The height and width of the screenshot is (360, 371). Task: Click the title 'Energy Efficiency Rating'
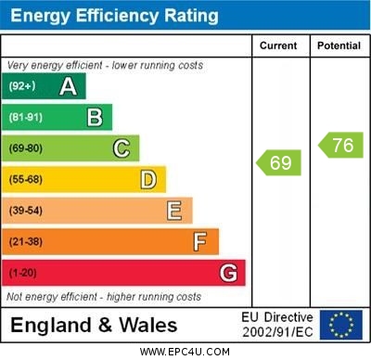[x=114, y=16]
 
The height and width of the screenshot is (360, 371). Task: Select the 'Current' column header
[x=278, y=45]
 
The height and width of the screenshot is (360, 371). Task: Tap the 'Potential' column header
[x=339, y=45]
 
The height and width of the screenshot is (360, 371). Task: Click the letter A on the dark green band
[x=68, y=86]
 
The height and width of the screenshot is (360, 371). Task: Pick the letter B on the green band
[x=95, y=117]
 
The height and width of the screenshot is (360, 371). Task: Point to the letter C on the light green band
[x=122, y=148]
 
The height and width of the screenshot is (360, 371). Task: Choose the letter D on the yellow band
[x=148, y=179]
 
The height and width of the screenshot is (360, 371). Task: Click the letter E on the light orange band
[x=174, y=211]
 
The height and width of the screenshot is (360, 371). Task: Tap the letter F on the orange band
[x=200, y=241]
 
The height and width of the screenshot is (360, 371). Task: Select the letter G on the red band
[x=228, y=273]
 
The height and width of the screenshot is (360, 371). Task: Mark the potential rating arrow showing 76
[x=340, y=145]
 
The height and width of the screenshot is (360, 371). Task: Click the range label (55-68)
[x=26, y=179]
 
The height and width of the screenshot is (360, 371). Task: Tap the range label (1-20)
[x=23, y=273]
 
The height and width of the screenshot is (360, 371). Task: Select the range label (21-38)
[x=26, y=241]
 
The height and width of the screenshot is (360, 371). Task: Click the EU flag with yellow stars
[x=340, y=325]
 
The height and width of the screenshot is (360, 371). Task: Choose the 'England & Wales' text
[x=93, y=325]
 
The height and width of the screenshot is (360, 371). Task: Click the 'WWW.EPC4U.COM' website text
[x=185, y=352]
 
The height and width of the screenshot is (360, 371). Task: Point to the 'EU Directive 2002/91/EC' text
[x=277, y=325]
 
